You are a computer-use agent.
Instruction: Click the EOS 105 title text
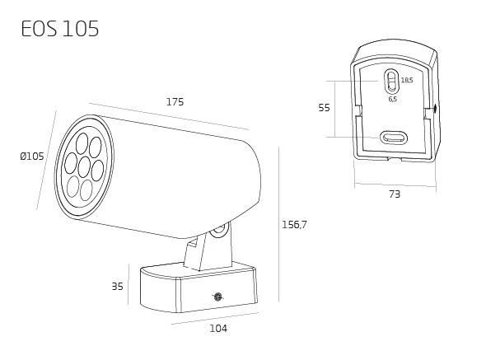(60, 29)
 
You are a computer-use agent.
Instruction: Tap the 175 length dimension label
(175, 102)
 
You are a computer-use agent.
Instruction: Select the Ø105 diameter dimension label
(32, 157)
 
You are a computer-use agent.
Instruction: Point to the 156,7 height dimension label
(294, 225)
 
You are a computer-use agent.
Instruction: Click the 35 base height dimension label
(118, 287)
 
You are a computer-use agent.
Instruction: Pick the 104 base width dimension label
(218, 329)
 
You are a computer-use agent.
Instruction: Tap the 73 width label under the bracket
(395, 194)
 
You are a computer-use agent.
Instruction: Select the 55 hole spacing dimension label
(325, 108)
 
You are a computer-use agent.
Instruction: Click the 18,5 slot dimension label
(407, 80)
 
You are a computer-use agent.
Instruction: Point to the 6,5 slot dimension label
(393, 99)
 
